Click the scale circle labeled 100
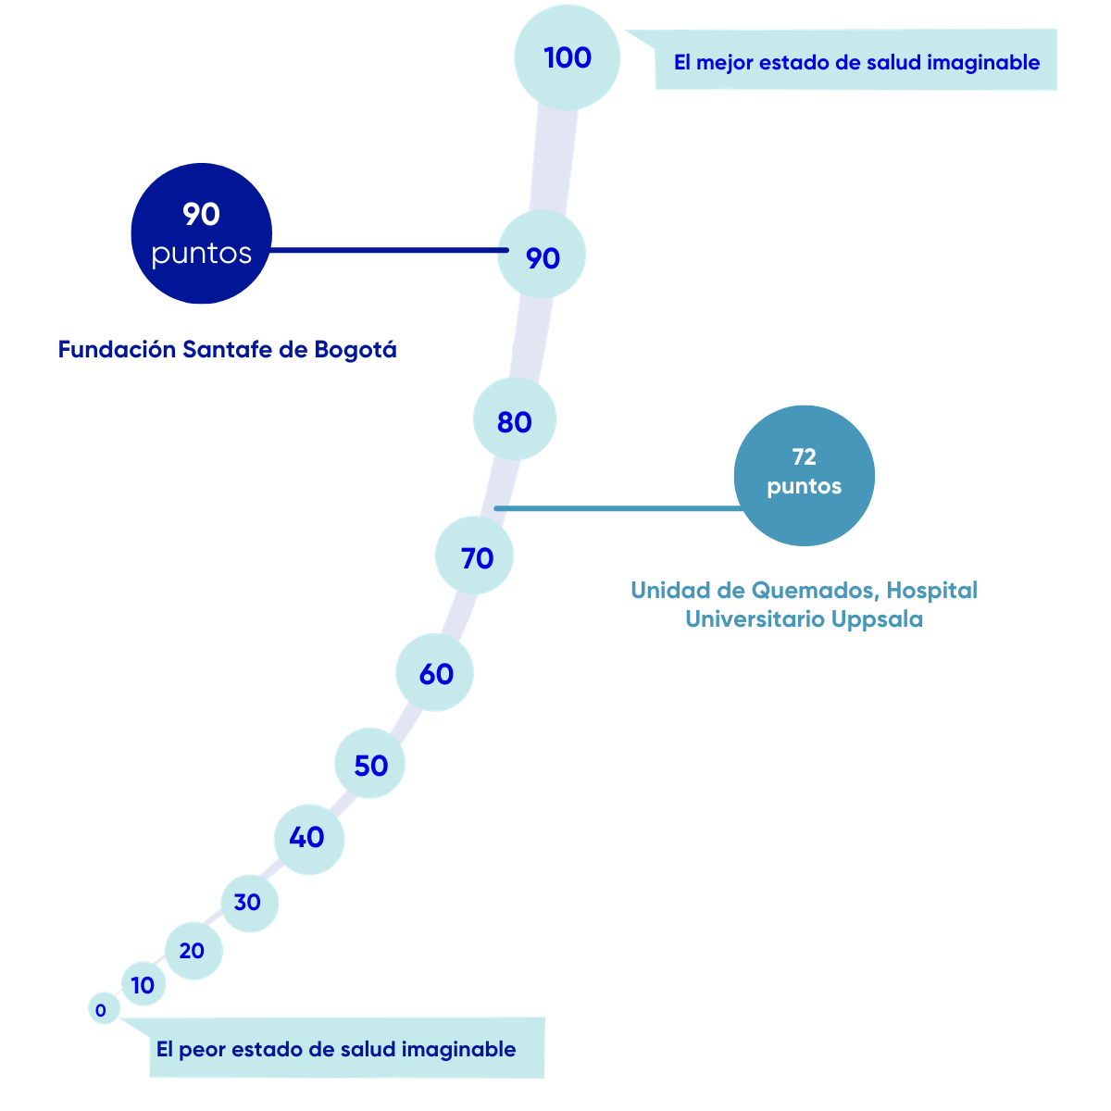(x=567, y=57)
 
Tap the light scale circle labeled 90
(x=542, y=255)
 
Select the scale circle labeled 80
(x=514, y=419)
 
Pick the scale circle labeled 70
(x=474, y=555)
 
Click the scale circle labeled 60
(x=435, y=672)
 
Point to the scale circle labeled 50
(x=369, y=763)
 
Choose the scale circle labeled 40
(x=309, y=840)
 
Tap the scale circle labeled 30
(x=250, y=904)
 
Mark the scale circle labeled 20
(x=193, y=951)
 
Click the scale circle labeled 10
(x=144, y=984)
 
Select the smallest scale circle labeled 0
(x=104, y=1009)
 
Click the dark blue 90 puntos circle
(x=201, y=233)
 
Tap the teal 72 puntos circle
(x=805, y=476)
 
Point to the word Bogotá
(x=356, y=349)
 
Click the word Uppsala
(x=877, y=619)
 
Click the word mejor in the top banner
(x=724, y=63)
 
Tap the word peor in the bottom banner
(x=202, y=1049)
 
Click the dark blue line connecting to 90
(x=389, y=250)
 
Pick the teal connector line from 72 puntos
(x=618, y=508)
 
